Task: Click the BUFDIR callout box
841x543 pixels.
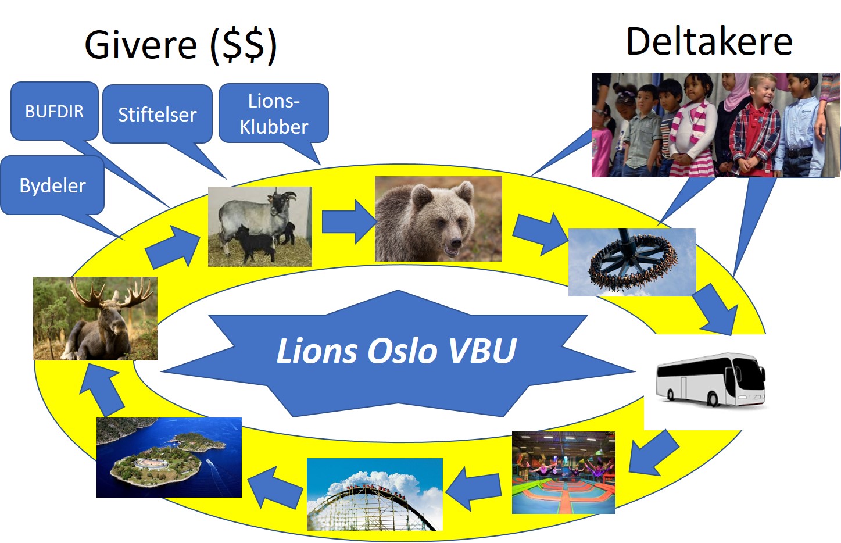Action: [x=54, y=111]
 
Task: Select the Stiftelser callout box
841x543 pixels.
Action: [x=157, y=114]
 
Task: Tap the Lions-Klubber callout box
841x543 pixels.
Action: [x=273, y=113]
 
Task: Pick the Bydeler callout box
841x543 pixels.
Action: [x=52, y=185]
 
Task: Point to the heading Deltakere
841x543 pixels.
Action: [x=709, y=42]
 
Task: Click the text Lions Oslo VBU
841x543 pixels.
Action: [x=396, y=351]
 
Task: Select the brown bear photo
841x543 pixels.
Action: [x=438, y=219]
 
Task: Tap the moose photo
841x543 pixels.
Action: [x=95, y=319]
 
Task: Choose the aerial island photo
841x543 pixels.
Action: [x=169, y=458]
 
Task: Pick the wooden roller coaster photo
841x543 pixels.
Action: [x=374, y=495]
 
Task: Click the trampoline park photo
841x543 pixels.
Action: [x=563, y=473]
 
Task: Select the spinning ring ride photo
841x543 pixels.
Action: [x=632, y=262]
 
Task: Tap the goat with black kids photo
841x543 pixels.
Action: [x=260, y=227]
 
